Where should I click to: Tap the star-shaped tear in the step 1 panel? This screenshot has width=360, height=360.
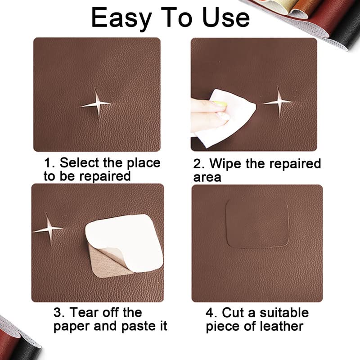(x=95, y=104)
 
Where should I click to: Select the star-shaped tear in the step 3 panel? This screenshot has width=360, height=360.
(x=48, y=229)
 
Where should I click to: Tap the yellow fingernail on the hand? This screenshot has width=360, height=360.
(x=220, y=104)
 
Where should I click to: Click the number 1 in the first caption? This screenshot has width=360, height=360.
(x=47, y=162)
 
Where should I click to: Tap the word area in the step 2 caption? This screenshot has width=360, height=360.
(x=207, y=177)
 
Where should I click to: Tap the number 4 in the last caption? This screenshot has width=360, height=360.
(x=211, y=312)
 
